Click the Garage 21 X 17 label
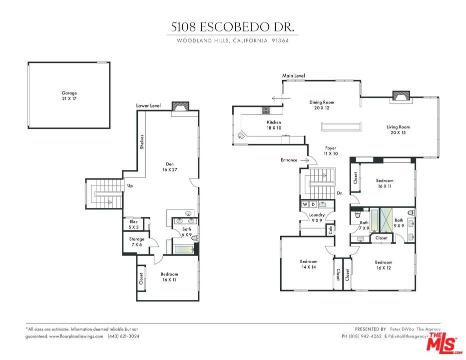click(x=69, y=96)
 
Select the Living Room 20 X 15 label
click(x=398, y=130)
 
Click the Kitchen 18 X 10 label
click(x=274, y=125)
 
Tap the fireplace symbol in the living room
click(x=400, y=95)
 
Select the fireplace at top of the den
click(x=180, y=107)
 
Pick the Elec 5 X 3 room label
click(x=133, y=224)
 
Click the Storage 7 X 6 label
click(x=137, y=242)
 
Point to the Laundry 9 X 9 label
click(x=317, y=218)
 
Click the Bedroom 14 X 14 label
click(x=308, y=264)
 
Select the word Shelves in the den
click(x=142, y=141)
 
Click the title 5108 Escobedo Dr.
click(x=233, y=28)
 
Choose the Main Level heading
click(x=293, y=76)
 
